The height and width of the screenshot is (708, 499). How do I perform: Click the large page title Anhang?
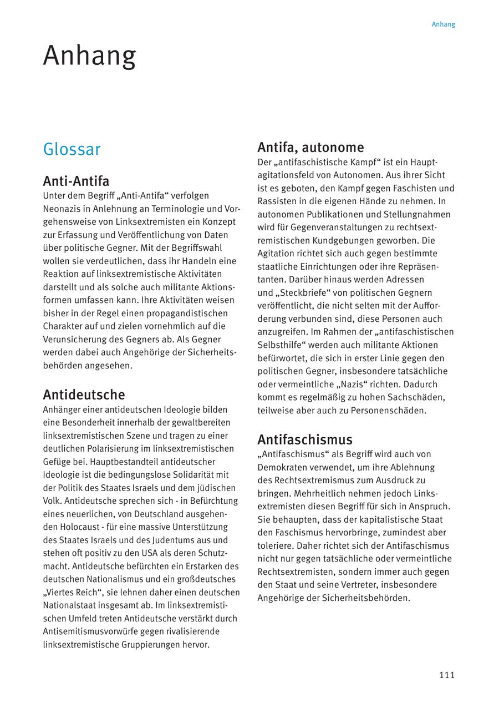coord(89,56)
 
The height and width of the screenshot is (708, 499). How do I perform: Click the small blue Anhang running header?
coord(443,24)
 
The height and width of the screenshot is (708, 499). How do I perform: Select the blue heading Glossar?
coord(72,149)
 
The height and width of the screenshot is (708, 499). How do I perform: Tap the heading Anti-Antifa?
coord(76,181)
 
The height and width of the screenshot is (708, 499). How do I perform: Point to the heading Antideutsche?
coord(84,395)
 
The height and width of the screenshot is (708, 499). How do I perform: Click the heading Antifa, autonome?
coord(310,148)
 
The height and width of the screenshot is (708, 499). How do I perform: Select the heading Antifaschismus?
coord(304,440)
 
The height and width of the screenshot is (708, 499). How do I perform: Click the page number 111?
coord(446,675)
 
